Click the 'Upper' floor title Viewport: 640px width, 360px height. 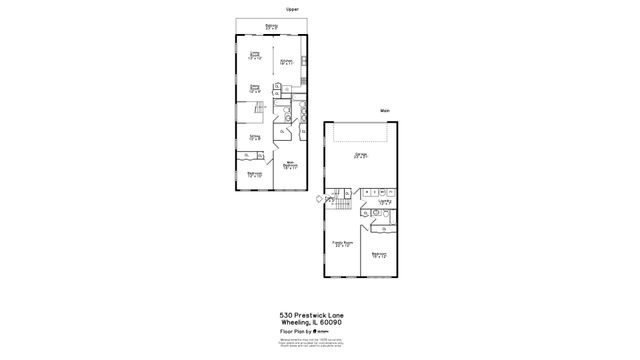[292, 9]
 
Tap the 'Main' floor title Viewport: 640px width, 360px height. [384, 110]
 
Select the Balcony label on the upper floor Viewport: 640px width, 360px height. [272, 27]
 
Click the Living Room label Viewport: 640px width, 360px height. [255, 57]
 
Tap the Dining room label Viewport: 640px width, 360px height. [255, 90]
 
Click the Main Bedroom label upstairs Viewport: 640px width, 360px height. [289, 165]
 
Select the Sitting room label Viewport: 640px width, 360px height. [255, 137]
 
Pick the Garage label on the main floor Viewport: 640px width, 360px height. [360, 156]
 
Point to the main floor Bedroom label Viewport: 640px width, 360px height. [379, 255]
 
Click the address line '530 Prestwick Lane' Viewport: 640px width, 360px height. [319, 313]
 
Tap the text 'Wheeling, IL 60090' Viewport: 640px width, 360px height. [319, 321]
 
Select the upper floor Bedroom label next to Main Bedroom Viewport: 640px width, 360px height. [254, 174]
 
